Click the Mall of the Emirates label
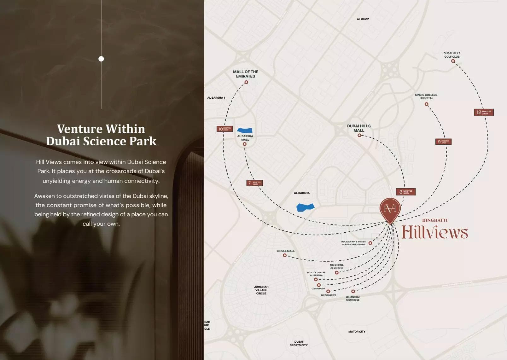pos(245,74)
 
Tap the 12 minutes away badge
pos(484,112)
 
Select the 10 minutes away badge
pos(224,129)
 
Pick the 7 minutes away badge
pos(254,183)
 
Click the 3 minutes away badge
pos(405,192)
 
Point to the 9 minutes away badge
pos(443,142)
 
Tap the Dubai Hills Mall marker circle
pos(359,135)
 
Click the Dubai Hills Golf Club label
pos(452,55)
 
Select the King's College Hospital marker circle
pos(427,104)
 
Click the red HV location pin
pos(390,209)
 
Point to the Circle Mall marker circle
pos(285,255)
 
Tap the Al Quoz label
pos(363,19)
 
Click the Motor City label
pos(357,332)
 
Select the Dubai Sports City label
pos(299,343)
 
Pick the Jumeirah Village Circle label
pos(261,290)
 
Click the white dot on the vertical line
pos(101,59)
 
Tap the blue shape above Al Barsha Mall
pos(245,130)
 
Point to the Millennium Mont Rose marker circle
pos(353,291)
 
